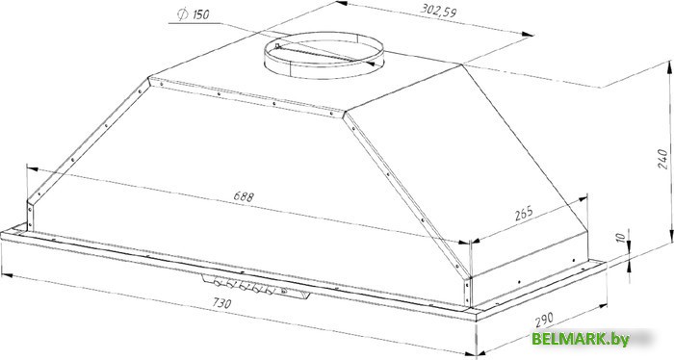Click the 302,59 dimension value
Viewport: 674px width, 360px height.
(438, 11)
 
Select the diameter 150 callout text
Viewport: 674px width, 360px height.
(194, 14)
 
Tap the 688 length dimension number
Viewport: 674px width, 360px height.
(244, 196)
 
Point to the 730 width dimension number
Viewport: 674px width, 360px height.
(221, 303)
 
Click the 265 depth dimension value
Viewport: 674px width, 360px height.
(524, 213)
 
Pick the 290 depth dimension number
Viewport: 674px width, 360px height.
(544, 320)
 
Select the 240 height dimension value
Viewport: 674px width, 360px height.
(662, 159)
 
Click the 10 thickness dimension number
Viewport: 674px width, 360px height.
(621, 238)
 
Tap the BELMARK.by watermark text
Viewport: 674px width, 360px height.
(581, 339)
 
